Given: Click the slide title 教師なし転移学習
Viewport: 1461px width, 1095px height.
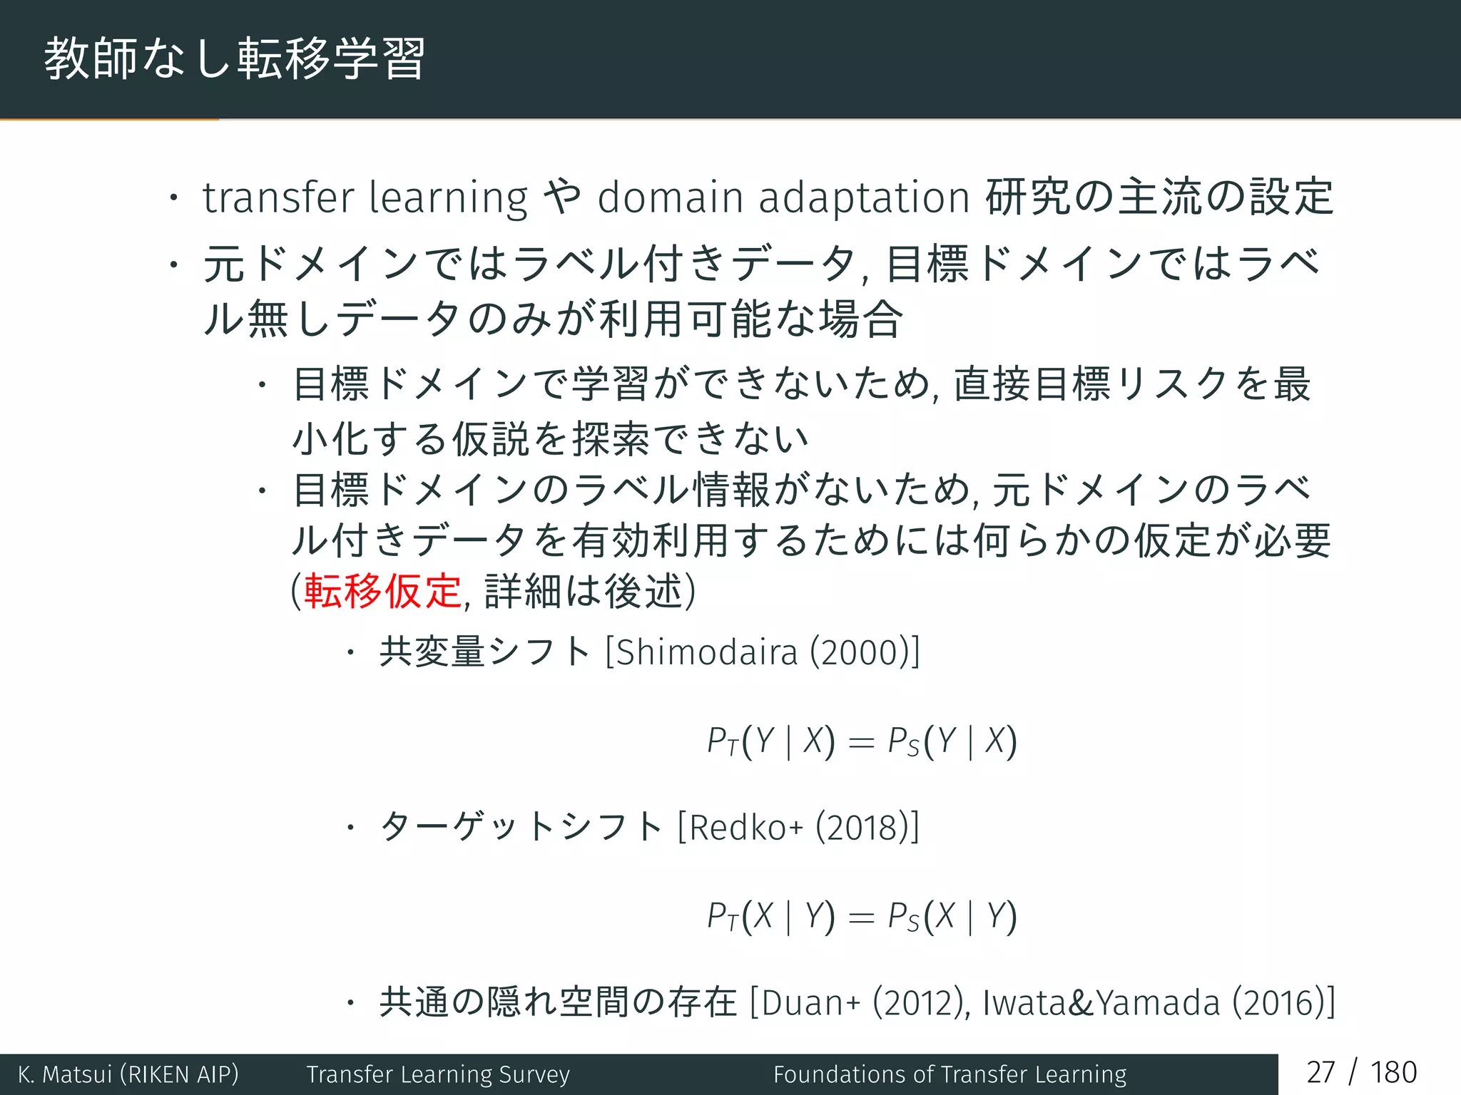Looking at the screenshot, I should pyautogui.click(x=235, y=58).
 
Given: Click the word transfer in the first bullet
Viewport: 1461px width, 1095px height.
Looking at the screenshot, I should pyautogui.click(x=278, y=197).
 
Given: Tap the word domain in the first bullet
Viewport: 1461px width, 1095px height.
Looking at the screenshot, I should pyautogui.click(x=671, y=197).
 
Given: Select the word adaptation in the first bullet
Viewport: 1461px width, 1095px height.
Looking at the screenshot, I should pyautogui.click(x=863, y=199).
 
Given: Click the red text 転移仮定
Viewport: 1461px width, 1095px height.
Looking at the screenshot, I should pyautogui.click(x=383, y=591).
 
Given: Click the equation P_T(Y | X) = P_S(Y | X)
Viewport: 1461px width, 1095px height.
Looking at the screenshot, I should pyautogui.click(x=862, y=741).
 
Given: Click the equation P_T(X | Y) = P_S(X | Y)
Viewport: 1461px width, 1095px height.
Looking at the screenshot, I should pyautogui.click(x=862, y=916).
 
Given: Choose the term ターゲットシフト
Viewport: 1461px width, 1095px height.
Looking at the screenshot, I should pyautogui.click(x=521, y=828).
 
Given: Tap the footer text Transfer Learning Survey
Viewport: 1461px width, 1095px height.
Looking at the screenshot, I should pyautogui.click(x=438, y=1074).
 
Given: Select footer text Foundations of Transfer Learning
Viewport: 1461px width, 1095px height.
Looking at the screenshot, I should pyautogui.click(x=950, y=1074).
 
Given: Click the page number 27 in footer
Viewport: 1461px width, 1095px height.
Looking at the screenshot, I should pyautogui.click(x=1320, y=1073).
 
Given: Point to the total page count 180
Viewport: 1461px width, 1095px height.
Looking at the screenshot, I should pyautogui.click(x=1393, y=1073).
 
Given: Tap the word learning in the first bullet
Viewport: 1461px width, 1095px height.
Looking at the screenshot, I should pyautogui.click(x=449, y=199).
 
